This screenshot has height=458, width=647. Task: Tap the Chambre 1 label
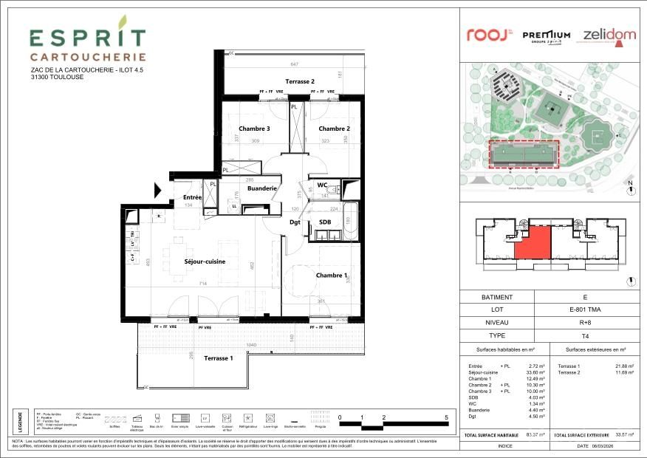coord(332,276)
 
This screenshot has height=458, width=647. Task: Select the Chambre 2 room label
coord(333,129)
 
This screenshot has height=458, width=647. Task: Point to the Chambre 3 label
coord(253,129)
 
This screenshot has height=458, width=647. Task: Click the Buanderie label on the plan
coord(262,188)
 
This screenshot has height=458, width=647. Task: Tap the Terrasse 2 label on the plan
coord(300,81)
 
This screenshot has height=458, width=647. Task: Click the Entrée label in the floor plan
coord(193,197)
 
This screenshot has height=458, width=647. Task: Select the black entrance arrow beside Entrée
coord(158,191)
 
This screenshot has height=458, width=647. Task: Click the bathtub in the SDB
coord(352,222)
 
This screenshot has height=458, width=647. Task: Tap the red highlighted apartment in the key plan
coord(533,243)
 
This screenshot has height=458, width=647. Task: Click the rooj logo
coord(488,35)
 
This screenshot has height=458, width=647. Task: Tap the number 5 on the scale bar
coord(447,418)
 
